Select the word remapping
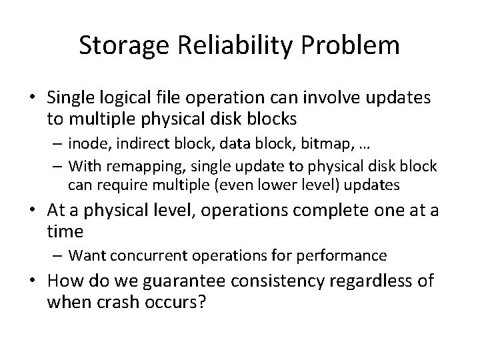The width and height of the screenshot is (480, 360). coord(136,165)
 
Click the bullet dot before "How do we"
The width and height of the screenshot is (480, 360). coord(37,281)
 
